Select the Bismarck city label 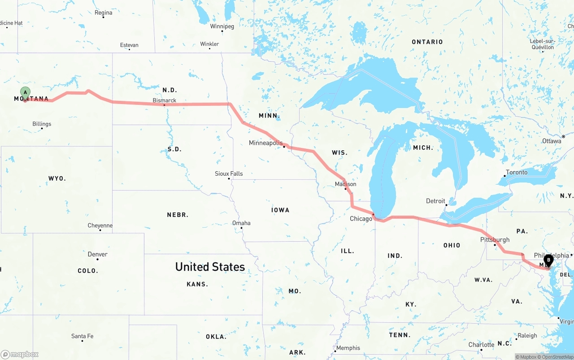[x=164, y=100]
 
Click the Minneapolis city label [x=266, y=143]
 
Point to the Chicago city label [x=361, y=219]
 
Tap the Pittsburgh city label [x=495, y=239]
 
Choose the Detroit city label [x=435, y=201]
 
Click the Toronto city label [x=517, y=172]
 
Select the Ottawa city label [x=551, y=141]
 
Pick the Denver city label [x=97, y=254]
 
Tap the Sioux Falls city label [x=229, y=173]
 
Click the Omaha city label [x=241, y=223]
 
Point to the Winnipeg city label [x=222, y=26]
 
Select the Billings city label [x=42, y=124]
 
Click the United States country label [x=210, y=267]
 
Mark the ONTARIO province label [x=427, y=42]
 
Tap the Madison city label [x=345, y=184]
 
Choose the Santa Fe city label [x=82, y=336]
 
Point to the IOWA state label [x=280, y=210]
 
